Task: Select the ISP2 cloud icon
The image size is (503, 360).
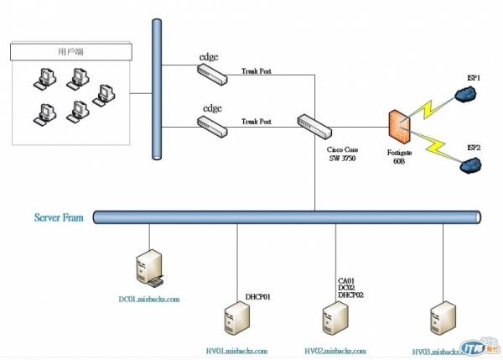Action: [x=469, y=165]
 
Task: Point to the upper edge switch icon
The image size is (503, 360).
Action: [x=214, y=73]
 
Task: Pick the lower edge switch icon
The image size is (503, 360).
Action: [x=214, y=125]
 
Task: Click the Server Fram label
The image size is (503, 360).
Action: [x=59, y=218]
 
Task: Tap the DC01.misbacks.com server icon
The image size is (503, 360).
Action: [x=149, y=268]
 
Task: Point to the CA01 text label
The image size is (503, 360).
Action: [x=347, y=281]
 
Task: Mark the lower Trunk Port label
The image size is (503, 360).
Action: [x=257, y=123]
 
